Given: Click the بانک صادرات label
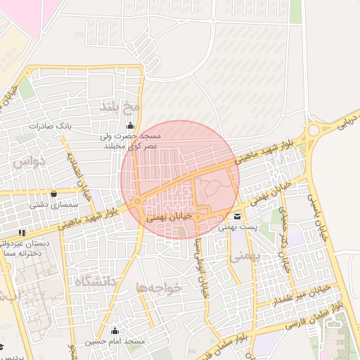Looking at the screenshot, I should (x=46, y=126).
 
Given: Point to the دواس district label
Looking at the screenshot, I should (x=29, y=162).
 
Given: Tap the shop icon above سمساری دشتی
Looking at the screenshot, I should (x=54, y=193).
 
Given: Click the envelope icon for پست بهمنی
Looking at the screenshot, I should (x=237, y=217).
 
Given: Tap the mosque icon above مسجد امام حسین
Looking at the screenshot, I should (x=115, y=330).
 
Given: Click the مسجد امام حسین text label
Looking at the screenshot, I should (x=115, y=341).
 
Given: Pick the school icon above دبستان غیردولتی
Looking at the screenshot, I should (x=22, y=232).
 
